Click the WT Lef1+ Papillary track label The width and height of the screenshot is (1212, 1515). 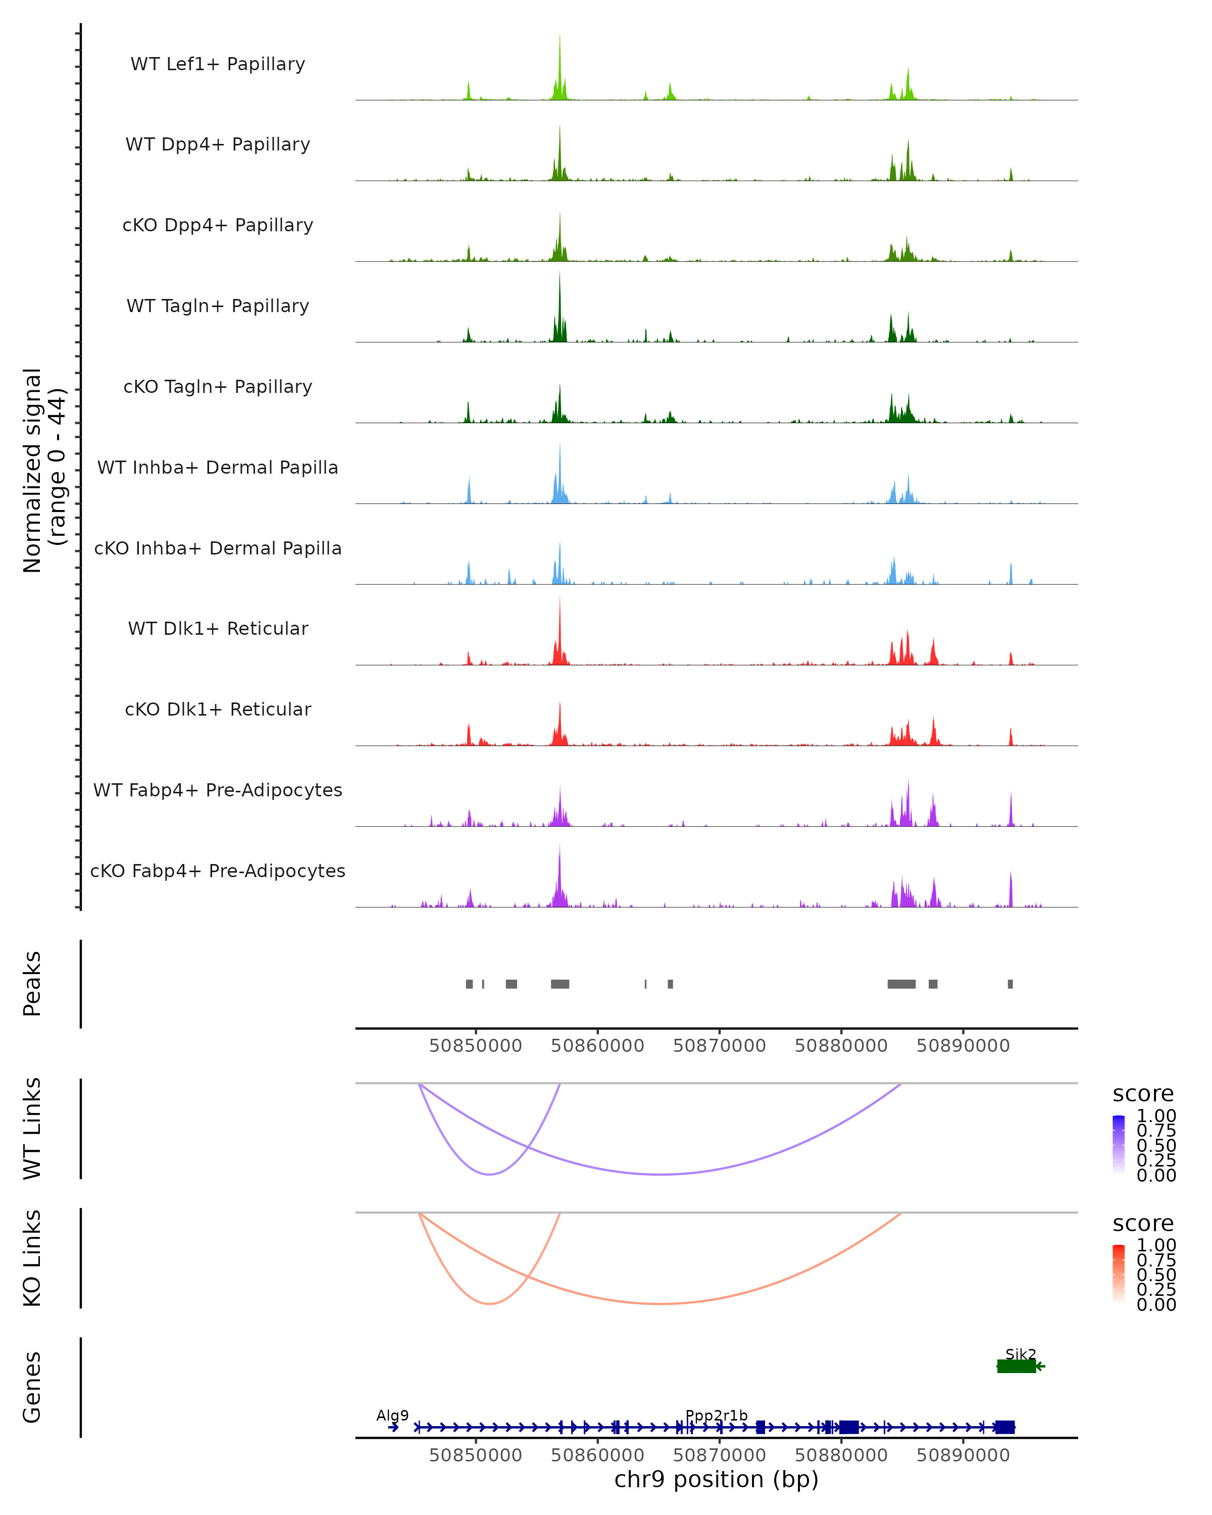[218, 64]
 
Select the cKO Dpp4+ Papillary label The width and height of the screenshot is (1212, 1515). [218, 225]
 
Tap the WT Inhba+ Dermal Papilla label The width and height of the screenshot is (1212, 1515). [218, 467]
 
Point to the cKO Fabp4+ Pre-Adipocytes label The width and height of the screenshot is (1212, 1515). [218, 871]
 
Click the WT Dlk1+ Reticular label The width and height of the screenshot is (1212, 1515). [218, 628]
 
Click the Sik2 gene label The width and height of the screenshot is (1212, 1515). [1020, 1354]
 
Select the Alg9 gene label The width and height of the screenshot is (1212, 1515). [392, 1415]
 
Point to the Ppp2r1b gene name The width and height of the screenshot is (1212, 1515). [716, 1415]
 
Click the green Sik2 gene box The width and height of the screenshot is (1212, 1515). [1016, 1366]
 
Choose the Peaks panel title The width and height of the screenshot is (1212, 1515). [32, 984]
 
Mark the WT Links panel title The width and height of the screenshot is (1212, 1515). [32, 1129]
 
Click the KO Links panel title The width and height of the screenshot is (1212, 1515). [32, 1258]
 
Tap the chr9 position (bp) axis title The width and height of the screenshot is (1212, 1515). [716, 1479]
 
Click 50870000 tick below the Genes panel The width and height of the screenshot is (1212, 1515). [720, 1454]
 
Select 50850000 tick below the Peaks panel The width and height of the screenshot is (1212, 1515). [476, 1046]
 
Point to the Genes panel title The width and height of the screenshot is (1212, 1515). [32, 1387]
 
